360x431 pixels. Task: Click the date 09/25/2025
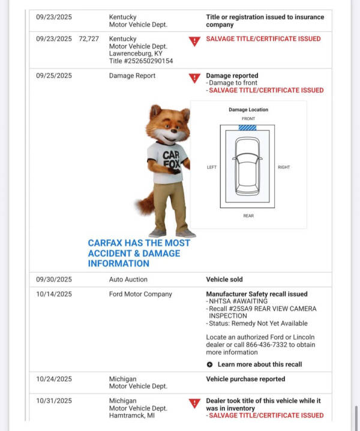click(53, 76)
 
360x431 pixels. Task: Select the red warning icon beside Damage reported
click(194, 78)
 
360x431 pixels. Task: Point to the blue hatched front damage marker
click(247, 127)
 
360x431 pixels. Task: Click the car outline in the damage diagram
click(247, 164)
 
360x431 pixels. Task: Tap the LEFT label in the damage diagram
click(211, 167)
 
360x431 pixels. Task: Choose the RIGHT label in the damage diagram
click(284, 167)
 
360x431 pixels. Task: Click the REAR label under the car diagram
click(248, 216)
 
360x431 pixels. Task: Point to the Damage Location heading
click(248, 110)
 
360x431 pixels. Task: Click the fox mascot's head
click(169, 124)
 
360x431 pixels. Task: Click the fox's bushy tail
click(145, 203)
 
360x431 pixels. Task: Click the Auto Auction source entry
click(128, 279)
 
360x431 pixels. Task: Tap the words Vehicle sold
click(224, 279)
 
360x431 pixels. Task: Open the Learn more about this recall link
click(260, 364)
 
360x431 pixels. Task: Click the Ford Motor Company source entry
click(140, 294)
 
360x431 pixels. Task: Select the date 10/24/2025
click(53, 379)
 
